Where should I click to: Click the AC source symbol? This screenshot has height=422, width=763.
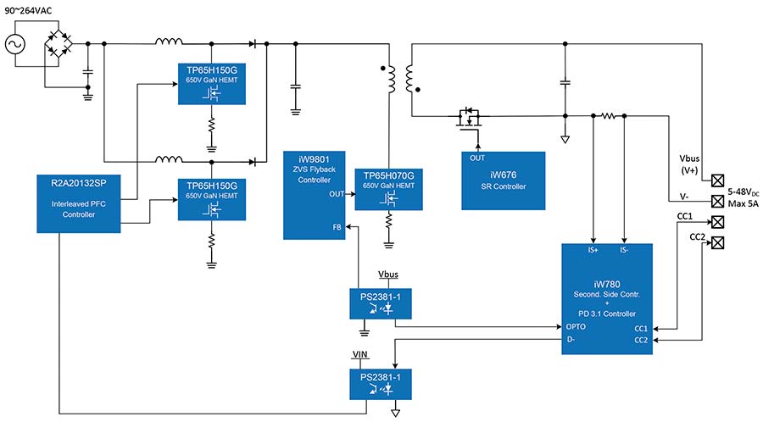click(15, 44)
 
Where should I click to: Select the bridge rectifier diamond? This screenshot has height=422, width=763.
click(58, 44)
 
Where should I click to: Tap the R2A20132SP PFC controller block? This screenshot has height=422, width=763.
click(79, 203)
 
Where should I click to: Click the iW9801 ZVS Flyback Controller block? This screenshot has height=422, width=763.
click(315, 195)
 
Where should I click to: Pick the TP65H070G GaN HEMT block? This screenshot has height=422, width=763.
click(389, 189)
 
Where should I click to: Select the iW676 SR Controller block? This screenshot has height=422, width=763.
click(503, 180)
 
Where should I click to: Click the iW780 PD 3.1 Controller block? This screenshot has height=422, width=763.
click(607, 299)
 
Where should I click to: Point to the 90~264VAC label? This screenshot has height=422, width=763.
click(28, 10)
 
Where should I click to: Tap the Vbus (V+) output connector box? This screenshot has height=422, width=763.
click(717, 180)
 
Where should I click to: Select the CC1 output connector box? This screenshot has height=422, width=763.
click(717, 222)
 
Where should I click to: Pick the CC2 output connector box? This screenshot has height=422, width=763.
click(717, 242)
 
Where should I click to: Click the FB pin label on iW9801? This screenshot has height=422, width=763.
click(337, 227)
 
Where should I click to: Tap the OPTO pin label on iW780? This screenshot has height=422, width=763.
click(576, 327)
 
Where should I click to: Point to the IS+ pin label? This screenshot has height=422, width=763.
click(593, 250)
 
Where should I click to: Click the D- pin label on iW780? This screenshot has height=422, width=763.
click(571, 339)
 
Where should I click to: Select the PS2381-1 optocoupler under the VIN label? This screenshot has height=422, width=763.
click(381, 384)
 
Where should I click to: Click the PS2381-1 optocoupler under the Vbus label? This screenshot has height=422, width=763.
click(381, 304)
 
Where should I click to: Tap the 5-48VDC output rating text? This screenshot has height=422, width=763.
click(743, 192)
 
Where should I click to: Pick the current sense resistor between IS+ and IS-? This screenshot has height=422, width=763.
click(609, 116)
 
